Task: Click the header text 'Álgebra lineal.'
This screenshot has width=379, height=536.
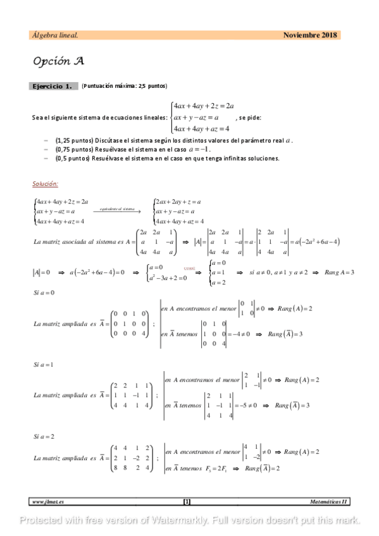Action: (x=55, y=35)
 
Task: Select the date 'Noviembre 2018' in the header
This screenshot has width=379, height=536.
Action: (x=311, y=35)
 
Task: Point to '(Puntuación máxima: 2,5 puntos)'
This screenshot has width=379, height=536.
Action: (x=124, y=86)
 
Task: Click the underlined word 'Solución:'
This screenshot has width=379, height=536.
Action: (x=45, y=184)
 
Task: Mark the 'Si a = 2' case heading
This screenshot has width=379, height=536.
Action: (x=43, y=437)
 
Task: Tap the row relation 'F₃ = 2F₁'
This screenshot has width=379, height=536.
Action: (x=216, y=468)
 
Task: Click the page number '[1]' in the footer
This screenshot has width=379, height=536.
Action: (x=187, y=501)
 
